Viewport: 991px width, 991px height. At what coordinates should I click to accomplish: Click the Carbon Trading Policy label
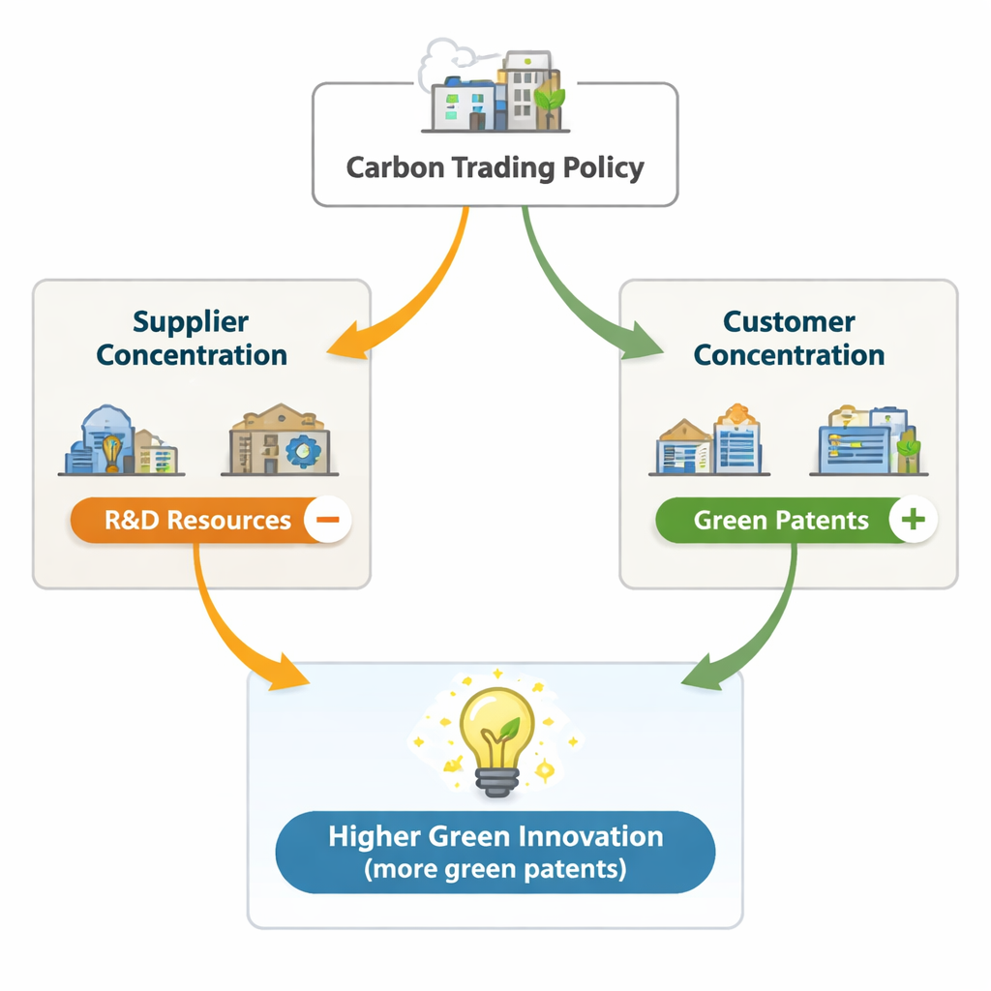pyautogui.click(x=495, y=167)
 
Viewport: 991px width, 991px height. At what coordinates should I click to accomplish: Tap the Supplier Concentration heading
pyautogui.click(x=192, y=338)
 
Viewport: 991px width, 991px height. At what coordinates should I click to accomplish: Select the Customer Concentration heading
pyautogui.click(x=789, y=338)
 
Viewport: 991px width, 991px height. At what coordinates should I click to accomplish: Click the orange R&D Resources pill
pyautogui.click(x=197, y=520)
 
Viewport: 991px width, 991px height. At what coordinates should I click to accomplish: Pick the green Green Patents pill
pyautogui.click(x=781, y=520)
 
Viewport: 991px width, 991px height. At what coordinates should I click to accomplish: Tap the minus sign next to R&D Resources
pyautogui.click(x=328, y=520)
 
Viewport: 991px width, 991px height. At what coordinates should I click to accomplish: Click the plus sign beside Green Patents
pyautogui.click(x=913, y=520)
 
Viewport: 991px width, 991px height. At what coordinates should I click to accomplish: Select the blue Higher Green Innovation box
pyautogui.click(x=495, y=852)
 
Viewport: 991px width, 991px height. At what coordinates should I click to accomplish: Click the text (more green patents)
pyautogui.click(x=495, y=869)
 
